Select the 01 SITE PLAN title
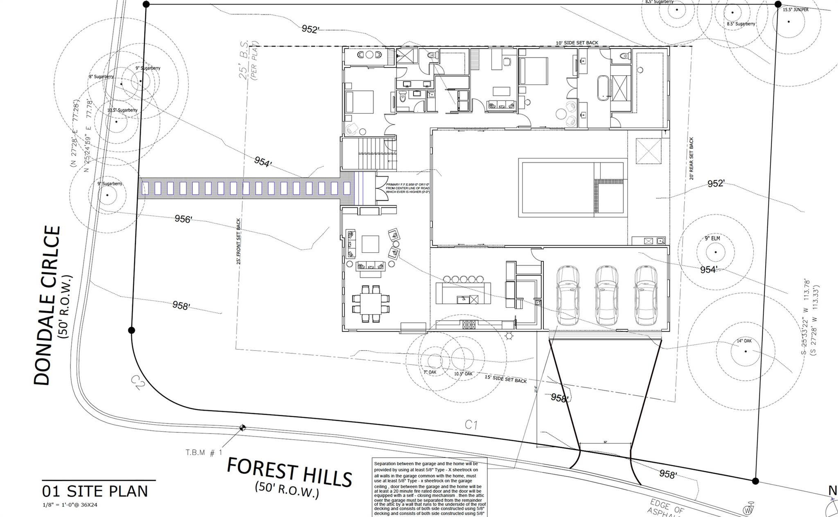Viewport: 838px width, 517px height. click(x=95, y=491)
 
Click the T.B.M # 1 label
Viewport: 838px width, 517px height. click(x=204, y=452)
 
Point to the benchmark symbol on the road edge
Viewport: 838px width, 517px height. click(x=243, y=428)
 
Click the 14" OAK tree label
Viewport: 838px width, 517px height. click(x=744, y=341)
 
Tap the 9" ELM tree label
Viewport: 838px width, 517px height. click(x=712, y=238)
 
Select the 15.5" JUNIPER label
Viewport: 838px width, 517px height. click(x=795, y=9)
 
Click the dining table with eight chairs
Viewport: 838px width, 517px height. click(x=371, y=303)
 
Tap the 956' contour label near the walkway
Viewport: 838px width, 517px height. click(x=183, y=219)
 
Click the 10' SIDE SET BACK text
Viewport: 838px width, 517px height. click(x=577, y=43)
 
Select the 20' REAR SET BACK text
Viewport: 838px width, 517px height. click(x=692, y=159)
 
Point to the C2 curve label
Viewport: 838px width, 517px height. click(x=138, y=382)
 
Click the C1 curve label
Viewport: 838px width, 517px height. click(x=471, y=425)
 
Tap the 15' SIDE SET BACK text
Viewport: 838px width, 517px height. click(x=506, y=379)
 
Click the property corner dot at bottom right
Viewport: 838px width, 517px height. click(x=755, y=481)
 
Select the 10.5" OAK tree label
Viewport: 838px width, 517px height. click(x=463, y=374)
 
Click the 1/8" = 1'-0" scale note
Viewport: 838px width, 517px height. click(x=70, y=505)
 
